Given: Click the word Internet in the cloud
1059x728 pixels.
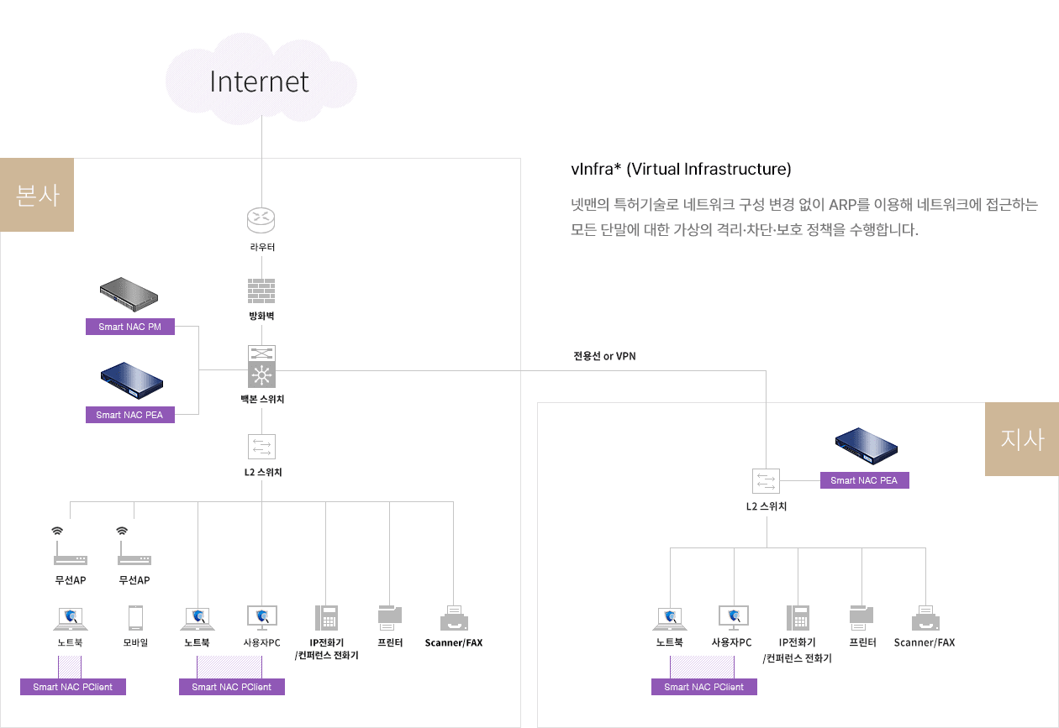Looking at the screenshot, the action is [x=259, y=81].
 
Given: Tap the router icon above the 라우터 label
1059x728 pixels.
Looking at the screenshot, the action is [x=261, y=220].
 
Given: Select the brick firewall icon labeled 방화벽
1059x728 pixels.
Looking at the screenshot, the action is [x=261, y=291].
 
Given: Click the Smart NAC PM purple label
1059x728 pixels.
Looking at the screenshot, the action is [x=130, y=327].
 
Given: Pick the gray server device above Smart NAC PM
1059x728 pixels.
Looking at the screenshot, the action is [x=129, y=294].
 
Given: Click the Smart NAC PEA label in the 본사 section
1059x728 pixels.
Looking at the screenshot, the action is [x=130, y=415].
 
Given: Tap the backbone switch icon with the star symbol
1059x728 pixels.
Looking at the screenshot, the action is [x=261, y=367].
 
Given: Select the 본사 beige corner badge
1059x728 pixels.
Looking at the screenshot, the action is [x=37, y=195].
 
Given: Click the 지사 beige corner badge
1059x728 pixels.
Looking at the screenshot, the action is [x=1022, y=439].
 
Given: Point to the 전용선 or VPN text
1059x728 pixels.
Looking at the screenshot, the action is [x=604, y=356].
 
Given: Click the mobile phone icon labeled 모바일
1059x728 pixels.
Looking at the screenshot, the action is [x=135, y=617].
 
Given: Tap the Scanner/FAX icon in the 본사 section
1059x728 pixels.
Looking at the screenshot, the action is [x=454, y=618].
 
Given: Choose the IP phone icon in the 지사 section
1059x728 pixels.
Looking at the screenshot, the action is [x=798, y=618].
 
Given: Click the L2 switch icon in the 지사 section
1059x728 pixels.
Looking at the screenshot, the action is [x=766, y=481].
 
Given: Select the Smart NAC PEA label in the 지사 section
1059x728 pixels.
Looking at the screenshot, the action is [x=864, y=480].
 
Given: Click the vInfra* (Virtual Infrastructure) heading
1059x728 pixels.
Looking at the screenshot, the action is [x=681, y=169].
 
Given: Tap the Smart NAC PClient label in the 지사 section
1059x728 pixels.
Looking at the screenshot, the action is [x=704, y=687].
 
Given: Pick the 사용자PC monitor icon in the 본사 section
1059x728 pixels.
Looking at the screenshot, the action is [x=262, y=618].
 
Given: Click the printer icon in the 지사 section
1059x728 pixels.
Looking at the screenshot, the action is [x=861, y=618].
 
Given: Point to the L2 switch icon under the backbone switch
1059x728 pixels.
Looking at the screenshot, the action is [x=261, y=447].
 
